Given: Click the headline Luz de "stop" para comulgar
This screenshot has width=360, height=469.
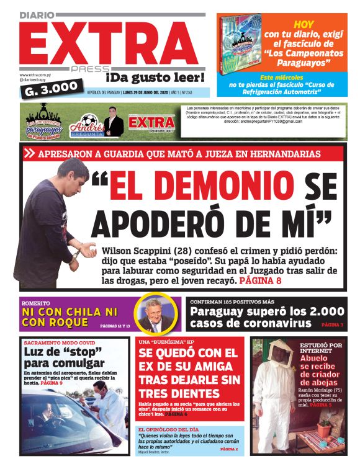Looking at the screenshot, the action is click(x=58, y=358).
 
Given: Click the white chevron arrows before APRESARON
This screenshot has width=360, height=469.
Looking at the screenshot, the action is click(x=29, y=153).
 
